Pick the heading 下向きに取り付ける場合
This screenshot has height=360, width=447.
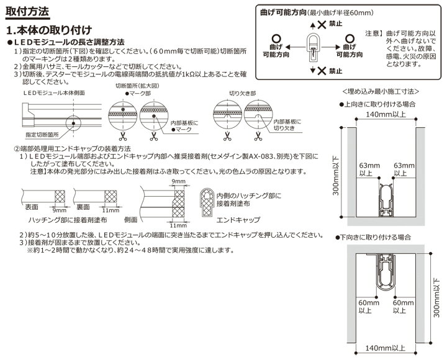pos(377,238)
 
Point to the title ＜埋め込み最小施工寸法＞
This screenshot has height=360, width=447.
pos(382,91)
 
